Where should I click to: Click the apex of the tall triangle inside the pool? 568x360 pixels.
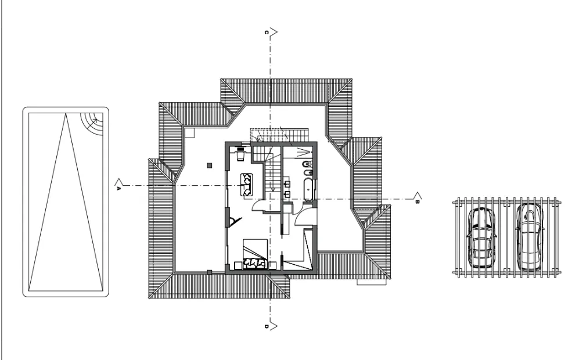(66, 113)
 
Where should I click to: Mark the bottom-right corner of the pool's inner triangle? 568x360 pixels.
(103, 290)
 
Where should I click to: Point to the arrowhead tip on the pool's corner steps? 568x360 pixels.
(97, 119)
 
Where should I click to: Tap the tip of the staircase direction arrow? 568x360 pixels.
(273, 192)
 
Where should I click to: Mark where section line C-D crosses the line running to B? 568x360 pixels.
(270, 199)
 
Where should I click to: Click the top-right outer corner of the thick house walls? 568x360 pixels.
(317, 142)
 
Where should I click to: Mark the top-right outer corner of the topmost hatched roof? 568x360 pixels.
(353, 78)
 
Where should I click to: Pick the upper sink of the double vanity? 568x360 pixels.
(287, 183)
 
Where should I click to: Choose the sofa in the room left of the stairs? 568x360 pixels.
(247, 185)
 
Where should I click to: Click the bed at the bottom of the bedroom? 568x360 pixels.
(255, 254)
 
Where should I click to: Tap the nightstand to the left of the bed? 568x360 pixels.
(238, 266)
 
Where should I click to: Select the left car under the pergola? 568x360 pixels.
(481, 237)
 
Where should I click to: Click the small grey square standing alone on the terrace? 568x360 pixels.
(210, 165)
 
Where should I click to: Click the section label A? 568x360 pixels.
(118, 188)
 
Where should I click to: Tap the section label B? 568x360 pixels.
(417, 201)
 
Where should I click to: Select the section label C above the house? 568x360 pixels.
(266, 33)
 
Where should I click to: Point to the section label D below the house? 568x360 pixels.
(266, 327)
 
